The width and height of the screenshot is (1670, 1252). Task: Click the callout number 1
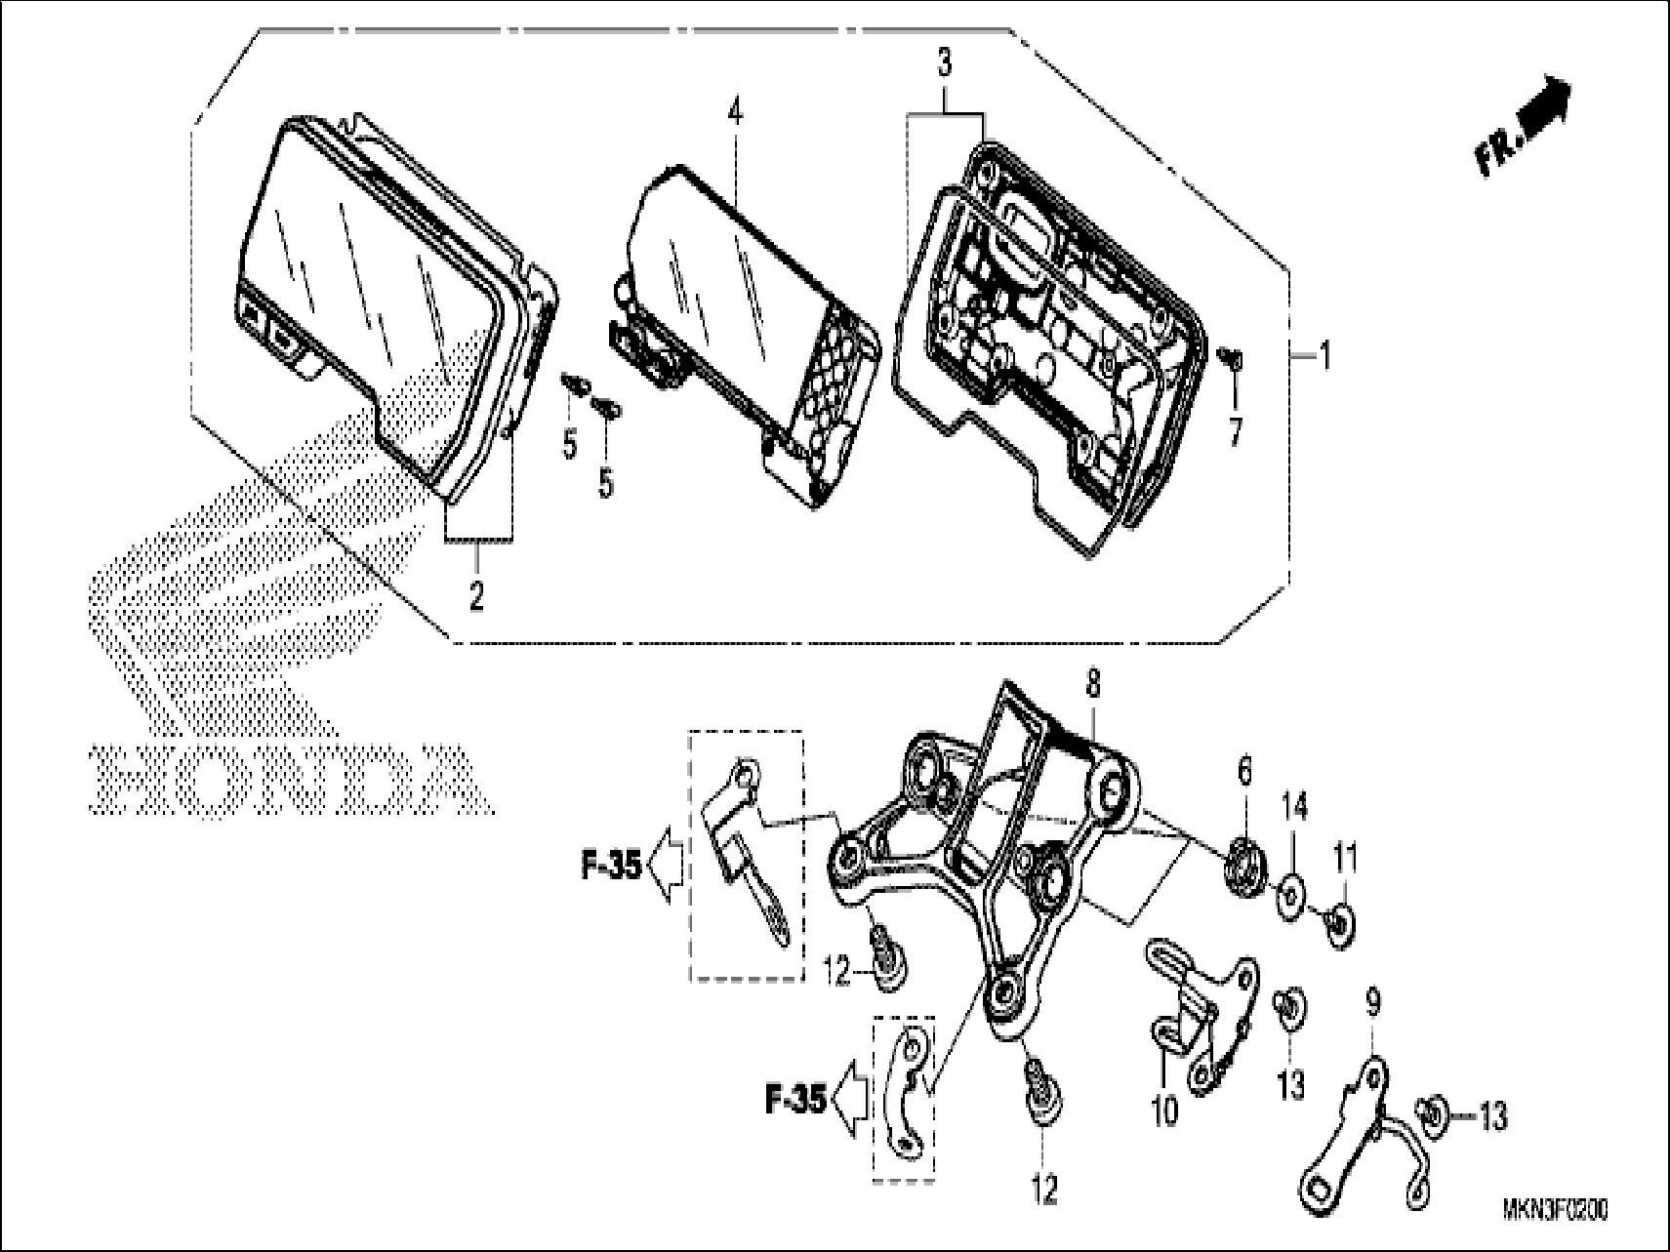pos(1324,356)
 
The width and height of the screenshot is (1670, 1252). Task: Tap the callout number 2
pos(475,594)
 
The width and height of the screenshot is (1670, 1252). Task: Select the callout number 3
pos(944,65)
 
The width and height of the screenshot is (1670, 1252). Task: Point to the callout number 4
pos(734,112)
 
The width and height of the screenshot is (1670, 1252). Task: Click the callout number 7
pos(1236,430)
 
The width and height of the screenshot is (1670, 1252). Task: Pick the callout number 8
pos(1092,685)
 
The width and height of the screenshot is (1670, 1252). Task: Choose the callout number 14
pos(1295,809)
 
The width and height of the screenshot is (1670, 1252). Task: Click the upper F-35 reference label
pos(611,865)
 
